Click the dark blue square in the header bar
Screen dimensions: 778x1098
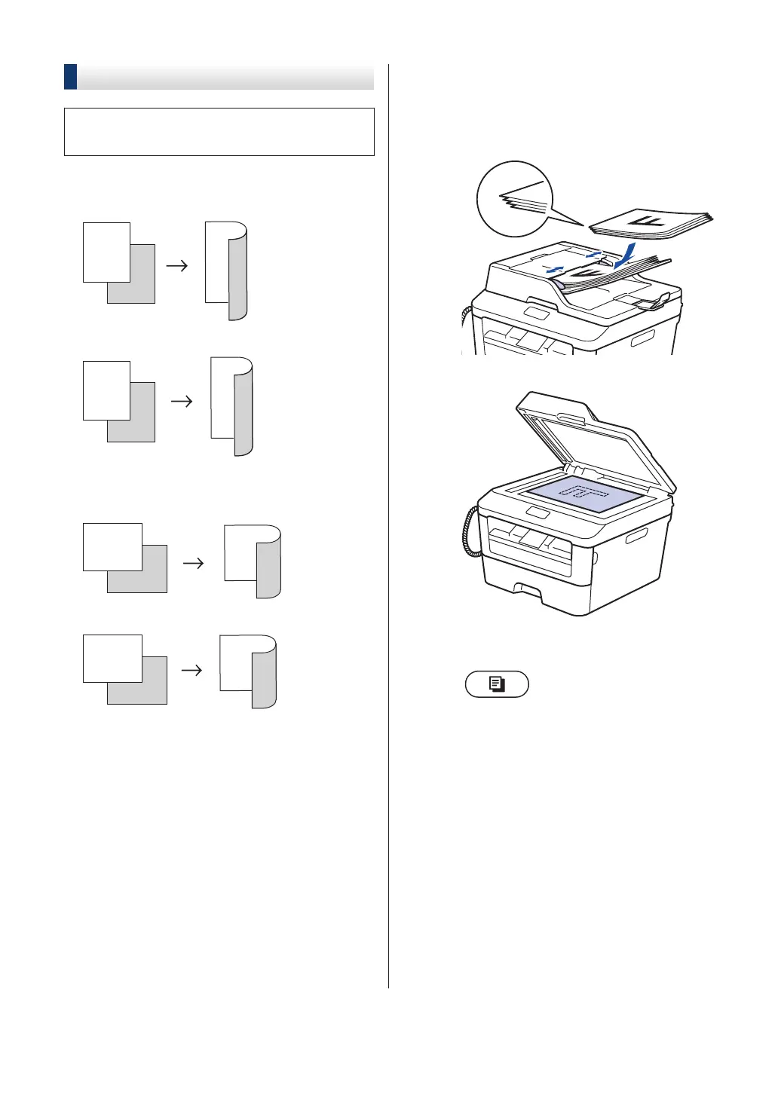[70, 77]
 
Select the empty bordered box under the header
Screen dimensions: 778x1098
[219, 132]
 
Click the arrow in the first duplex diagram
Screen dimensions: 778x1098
[177, 265]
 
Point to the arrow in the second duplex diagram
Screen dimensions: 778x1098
[182, 402]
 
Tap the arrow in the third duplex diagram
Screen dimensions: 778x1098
[194, 563]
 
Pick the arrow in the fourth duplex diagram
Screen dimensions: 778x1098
[192, 670]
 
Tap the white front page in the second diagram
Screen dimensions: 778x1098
[106, 390]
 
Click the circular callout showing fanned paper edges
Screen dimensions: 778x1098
[515, 199]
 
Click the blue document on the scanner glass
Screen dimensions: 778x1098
[585, 494]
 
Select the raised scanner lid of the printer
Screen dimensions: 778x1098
[596, 441]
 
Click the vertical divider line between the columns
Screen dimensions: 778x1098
[389, 528]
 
